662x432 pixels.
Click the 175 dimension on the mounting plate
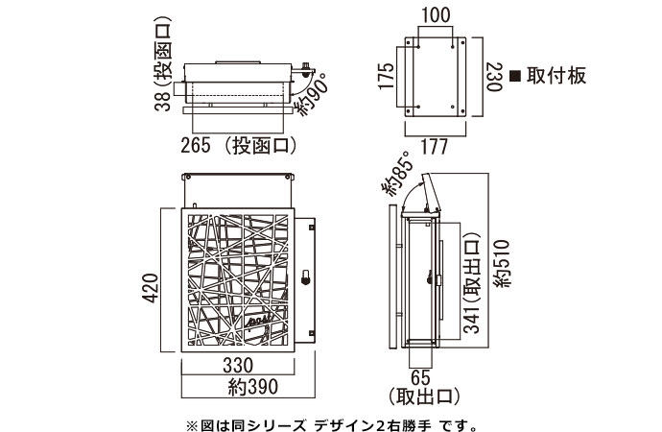(x=386, y=75)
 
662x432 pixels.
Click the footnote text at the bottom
(x=330, y=422)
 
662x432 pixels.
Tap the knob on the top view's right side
(x=306, y=69)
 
